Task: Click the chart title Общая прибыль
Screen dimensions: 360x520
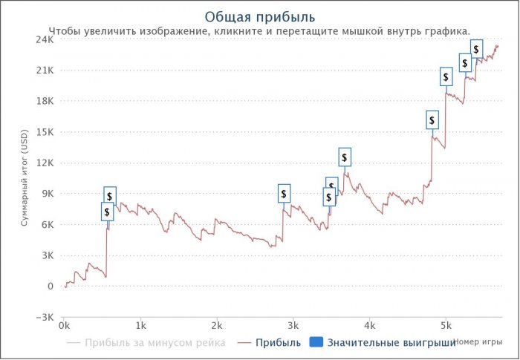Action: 259,16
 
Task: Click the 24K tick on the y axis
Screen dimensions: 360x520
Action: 44,39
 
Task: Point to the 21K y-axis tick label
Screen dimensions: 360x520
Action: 44,71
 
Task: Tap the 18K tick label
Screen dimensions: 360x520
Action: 44,101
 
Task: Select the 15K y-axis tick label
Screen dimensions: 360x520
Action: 44,132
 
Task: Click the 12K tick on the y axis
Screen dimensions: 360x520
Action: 44,163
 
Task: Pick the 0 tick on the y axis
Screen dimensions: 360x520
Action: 49,286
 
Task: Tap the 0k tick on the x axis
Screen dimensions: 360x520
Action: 65,326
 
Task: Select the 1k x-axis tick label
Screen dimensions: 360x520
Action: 140,326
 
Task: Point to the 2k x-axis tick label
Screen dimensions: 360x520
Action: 217,326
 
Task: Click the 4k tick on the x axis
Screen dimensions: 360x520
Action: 369,326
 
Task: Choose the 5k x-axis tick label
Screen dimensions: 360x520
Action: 446,326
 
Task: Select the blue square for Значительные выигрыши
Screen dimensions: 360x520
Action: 315,342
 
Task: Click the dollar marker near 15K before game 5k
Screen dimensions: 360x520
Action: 432,120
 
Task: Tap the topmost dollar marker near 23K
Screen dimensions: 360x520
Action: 476,49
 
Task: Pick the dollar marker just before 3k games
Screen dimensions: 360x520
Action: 284,194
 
